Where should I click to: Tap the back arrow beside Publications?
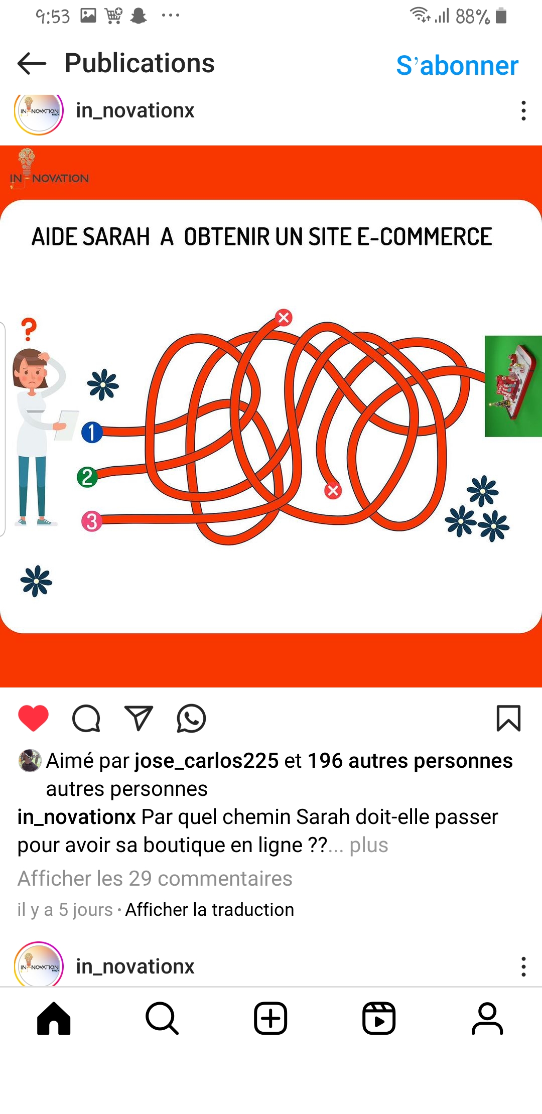click(32, 64)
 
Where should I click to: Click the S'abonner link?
click(457, 66)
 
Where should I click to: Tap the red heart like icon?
click(34, 718)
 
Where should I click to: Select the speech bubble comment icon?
click(86, 719)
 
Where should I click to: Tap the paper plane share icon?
click(139, 718)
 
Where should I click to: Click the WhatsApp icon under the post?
click(191, 719)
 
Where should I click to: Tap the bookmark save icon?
click(508, 718)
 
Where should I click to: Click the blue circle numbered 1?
click(92, 432)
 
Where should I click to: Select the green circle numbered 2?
click(87, 477)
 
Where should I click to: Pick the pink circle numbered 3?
click(92, 521)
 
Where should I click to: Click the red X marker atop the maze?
click(284, 317)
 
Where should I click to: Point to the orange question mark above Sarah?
click(29, 329)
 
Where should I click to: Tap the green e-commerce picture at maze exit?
click(513, 386)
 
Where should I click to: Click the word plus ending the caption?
click(369, 845)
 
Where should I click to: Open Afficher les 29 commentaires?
click(155, 878)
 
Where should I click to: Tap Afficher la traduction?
click(210, 909)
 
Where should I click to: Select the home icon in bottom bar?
click(54, 1018)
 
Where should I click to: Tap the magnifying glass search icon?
click(162, 1019)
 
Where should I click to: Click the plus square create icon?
click(270, 1019)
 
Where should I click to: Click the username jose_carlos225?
click(207, 761)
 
